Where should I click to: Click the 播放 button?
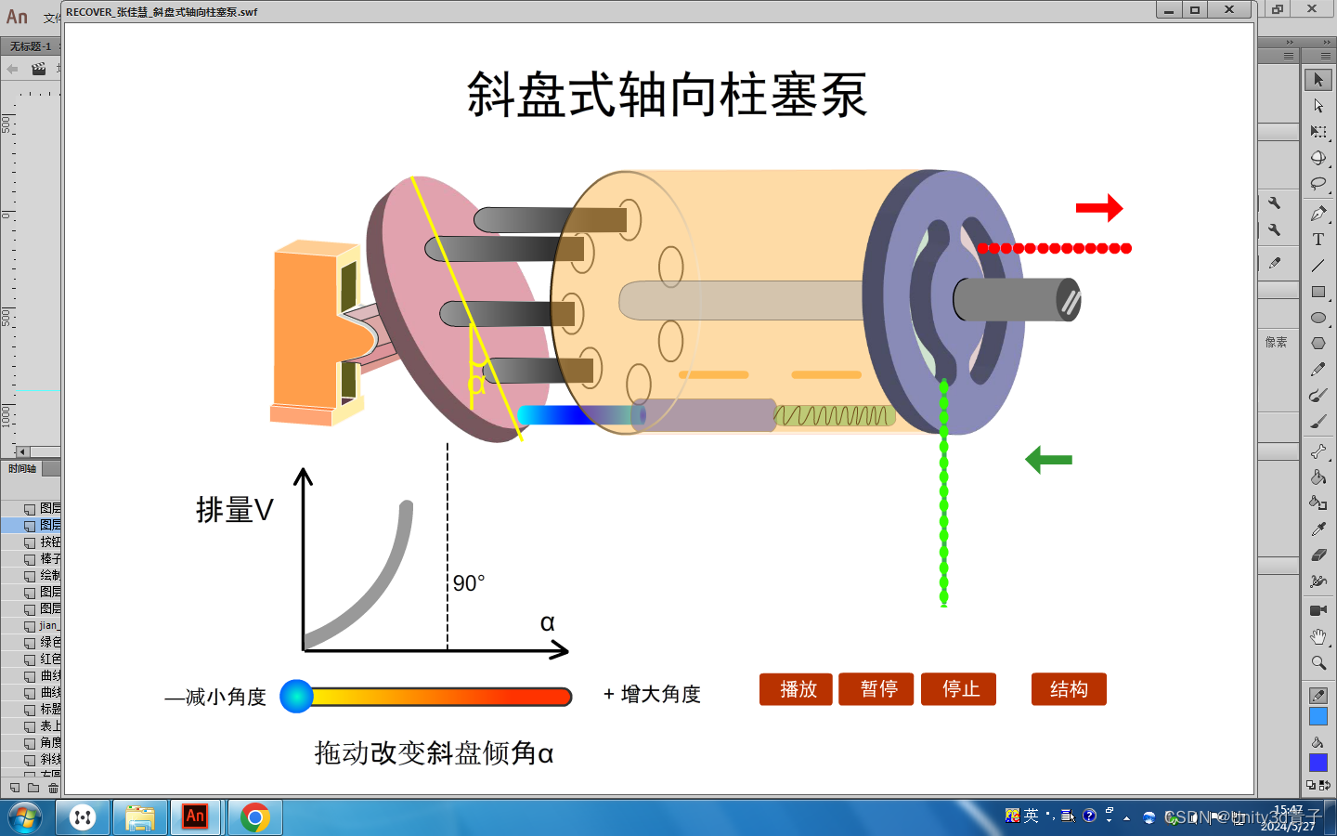pos(798,689)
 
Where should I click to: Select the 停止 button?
pos(958,689)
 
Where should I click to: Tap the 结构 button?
pos(1069,689)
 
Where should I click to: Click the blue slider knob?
pos(296,696)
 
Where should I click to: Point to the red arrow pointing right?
pos(1099,207)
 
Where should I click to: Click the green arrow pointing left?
pos(1048,459)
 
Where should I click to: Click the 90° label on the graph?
pos(469,583)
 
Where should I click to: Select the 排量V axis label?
pos(235,510)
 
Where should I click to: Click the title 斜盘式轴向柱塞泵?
pos(667,95)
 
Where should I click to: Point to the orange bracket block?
pos(306,330)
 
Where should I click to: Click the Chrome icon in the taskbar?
pos(254,817)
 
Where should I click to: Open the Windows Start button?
pos(25,817)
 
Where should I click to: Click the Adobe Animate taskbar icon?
pos(195,817)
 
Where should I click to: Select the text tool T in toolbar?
pos(1318,240)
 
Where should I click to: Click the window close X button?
pos(1229,10)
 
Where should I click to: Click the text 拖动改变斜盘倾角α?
pos(434,752)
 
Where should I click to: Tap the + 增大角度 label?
pos(652,694)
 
